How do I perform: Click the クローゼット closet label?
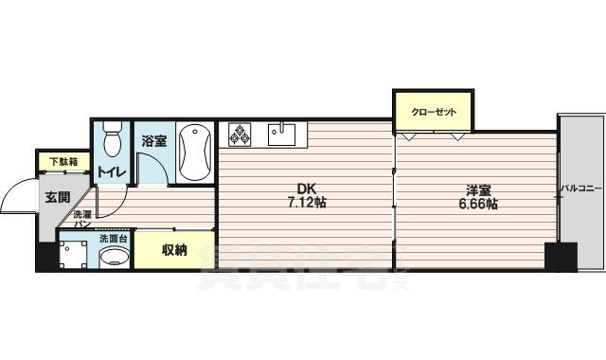[434, 112]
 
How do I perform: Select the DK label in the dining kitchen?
[307, 188]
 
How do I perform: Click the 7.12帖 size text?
[307, 203]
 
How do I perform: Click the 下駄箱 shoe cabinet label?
[60, 161]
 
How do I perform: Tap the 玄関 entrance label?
[56, 197]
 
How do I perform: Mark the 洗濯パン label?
[82, 220]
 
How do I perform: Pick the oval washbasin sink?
[115, 258]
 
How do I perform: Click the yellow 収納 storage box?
[173, 250]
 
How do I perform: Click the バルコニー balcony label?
[580, 189]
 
